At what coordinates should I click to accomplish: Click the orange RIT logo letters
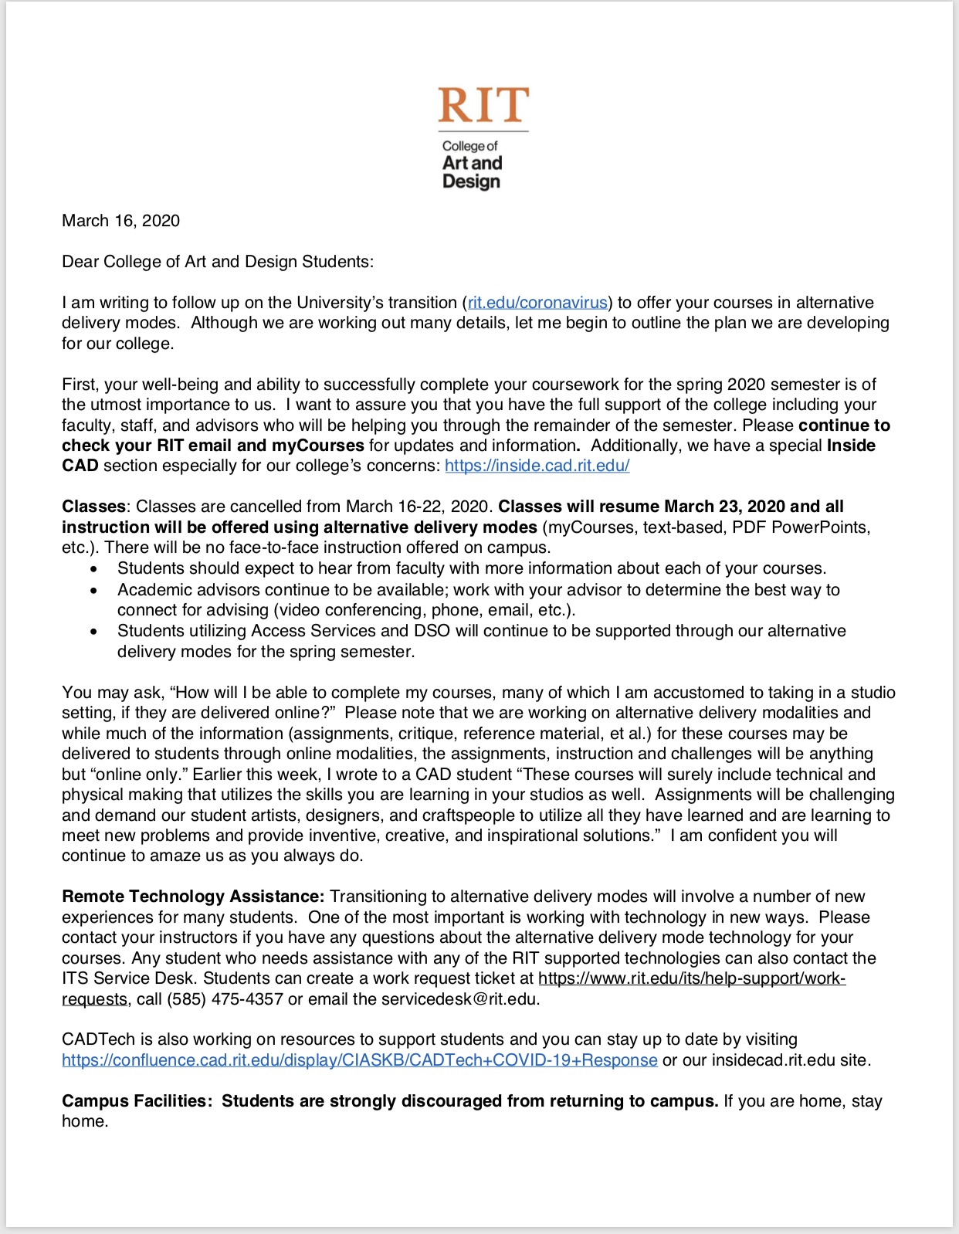483,106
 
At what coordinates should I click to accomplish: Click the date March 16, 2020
120,221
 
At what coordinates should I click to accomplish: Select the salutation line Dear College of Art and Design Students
217,262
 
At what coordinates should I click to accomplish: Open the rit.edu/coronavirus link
537,303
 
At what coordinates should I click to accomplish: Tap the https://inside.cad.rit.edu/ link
537,466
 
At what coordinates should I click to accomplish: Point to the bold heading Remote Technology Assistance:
193,897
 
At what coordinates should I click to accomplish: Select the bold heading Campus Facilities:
137,1101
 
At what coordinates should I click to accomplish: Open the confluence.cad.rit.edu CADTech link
360,1060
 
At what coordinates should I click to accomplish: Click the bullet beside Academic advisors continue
94,591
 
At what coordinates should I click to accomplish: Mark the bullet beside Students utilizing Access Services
94,632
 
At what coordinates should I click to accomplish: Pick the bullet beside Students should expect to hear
94,569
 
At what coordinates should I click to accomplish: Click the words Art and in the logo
472,163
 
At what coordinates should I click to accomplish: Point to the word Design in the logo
471,181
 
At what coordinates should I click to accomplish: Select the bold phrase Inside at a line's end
851,446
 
